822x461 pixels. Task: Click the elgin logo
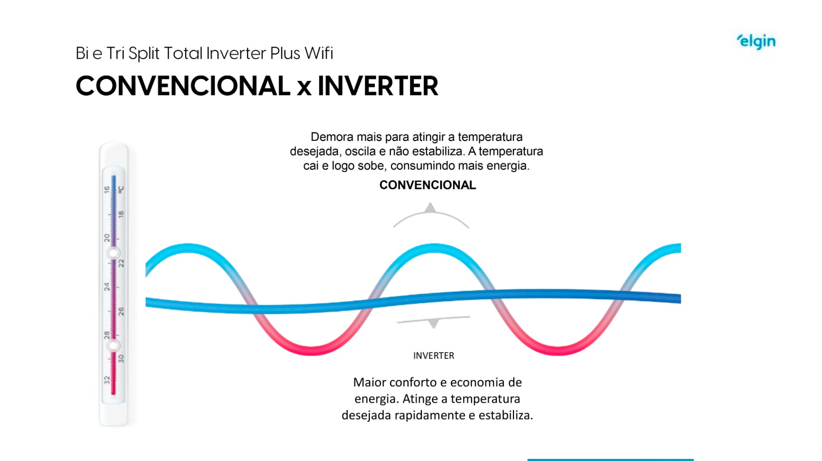click(x=756, y=42)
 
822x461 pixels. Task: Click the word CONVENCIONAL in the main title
click(x=183, y=86)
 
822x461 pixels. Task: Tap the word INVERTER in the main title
click(x=378, y=86)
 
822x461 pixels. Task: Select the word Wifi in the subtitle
click(x=319, y=53)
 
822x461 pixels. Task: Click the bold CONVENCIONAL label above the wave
click(x=427, y=185)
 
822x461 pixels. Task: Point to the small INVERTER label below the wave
click(x=433, y=356)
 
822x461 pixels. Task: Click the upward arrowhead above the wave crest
click(x=430, y=208)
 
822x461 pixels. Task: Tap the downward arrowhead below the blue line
click(x=434, y=324)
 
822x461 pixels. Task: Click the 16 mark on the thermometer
click(x=107, y=189)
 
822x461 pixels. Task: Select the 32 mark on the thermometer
click(x=107, y=380)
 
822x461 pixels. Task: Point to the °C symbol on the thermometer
click(x=121, y=189)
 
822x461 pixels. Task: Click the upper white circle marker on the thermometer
click(x=113, y=253)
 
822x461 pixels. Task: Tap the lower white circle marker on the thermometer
click(x=113, y=345)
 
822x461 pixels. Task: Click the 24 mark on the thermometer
click(x=107, y=286)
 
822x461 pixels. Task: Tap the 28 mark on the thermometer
click(x=107, y=334)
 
